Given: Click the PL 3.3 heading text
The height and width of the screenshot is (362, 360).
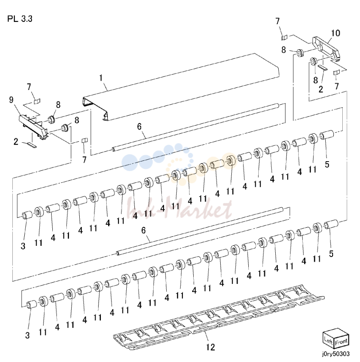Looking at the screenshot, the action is pyautogui.click(x=20, y=19).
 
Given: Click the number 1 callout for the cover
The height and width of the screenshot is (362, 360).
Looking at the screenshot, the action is pyautogui.click(x=101, y=78).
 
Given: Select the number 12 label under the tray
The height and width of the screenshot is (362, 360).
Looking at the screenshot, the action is pyautogui.click(x=210, y=347).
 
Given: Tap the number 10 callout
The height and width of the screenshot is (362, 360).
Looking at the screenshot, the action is pyautogui.click(x=335, y=33).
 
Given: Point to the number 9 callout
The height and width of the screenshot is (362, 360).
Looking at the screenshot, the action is pyautogui.click(x=11, y=100).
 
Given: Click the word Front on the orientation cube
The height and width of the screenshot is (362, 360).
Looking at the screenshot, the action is pyautogui.click(x=341, y=342).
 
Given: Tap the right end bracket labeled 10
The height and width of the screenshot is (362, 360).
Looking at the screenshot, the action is pyautogui.click(x=326, y=49).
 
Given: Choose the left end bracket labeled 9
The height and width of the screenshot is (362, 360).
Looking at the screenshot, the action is pyautogui.click(x=34, y=127).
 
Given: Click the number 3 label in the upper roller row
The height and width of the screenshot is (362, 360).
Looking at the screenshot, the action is pyautogui.click(x=23, y=246).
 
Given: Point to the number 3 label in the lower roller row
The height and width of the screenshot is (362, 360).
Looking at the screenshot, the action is pyautogui.click(x=27, y=335).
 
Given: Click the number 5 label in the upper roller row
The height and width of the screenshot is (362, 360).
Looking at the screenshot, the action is pyautogui.click(x=327, y=164).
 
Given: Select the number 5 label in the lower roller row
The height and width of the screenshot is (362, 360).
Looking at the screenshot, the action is pyautogui.click(x=331, y=254).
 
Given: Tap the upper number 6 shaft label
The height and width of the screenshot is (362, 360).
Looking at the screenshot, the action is pyautogui.click(x=139, y=127).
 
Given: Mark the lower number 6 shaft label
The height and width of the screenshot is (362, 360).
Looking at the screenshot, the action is pyautogui.click(x=144, y=230).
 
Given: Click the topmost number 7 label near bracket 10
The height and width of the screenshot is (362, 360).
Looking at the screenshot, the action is pyautogui.click(x=278, y=21).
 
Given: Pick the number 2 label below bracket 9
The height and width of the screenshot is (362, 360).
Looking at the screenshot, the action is pyautogui.click(x=16, y=142).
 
